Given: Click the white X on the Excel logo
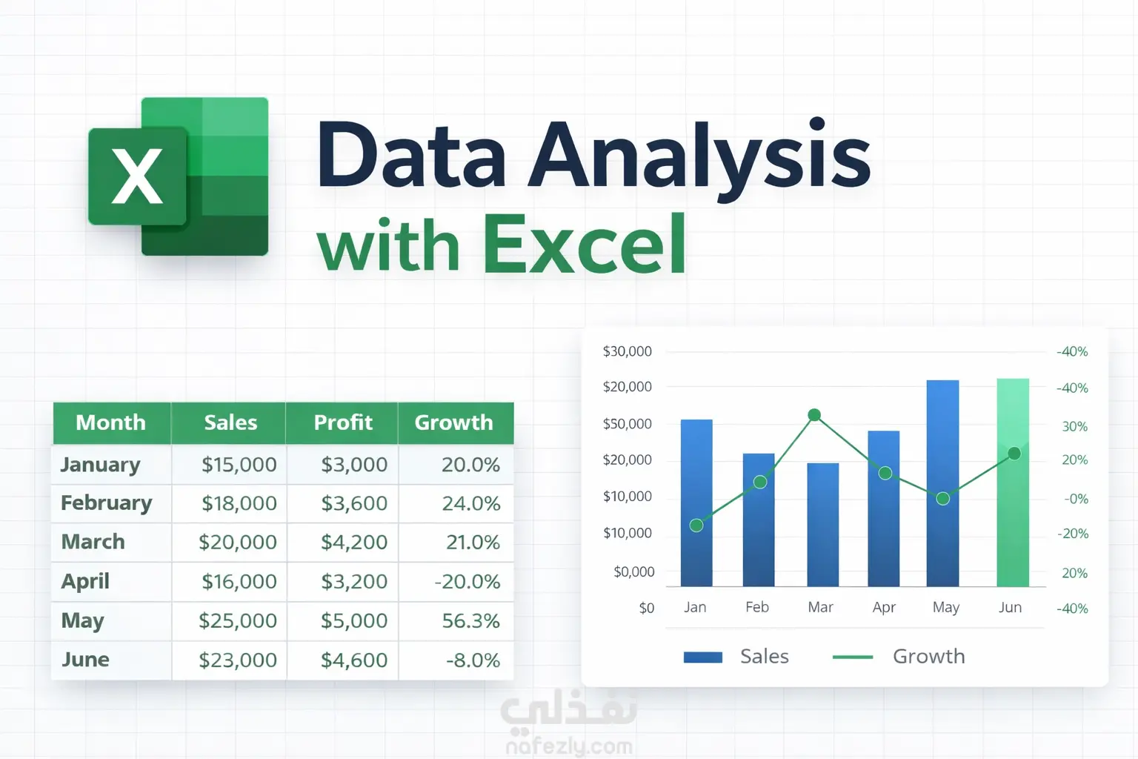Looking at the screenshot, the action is (137, 176).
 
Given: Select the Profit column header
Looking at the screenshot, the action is (343, 422).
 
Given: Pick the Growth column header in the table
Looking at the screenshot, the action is (453, 422).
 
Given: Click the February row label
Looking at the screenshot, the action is (106, 503).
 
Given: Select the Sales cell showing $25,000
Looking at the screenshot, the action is (238, 620).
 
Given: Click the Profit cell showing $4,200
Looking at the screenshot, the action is (354, 542).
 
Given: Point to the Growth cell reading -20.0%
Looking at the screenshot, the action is (467, 581).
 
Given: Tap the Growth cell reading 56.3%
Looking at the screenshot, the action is (471, 620).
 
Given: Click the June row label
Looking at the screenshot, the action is (85, 660).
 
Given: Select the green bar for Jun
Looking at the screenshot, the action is (1013, 483).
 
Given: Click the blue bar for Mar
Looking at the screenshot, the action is (823, 525).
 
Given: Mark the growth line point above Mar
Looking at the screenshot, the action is (814, 415).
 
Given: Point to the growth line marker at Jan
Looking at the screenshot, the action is (696, 526).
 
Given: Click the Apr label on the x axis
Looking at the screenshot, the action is (884, 608).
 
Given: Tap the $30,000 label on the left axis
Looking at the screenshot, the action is (627, 351).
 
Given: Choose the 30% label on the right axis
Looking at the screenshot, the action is (1075, 426).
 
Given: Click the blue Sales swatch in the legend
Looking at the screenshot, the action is (703, 657).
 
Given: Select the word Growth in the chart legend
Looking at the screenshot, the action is (928, 656).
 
